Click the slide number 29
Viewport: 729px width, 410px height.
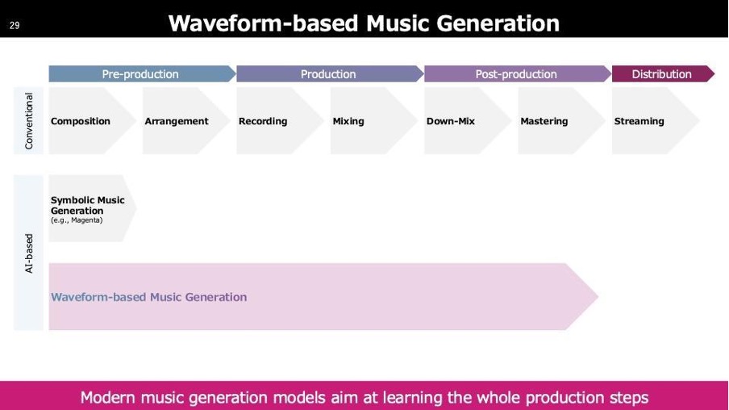click(15, 25)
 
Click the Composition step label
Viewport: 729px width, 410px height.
click(81, 121)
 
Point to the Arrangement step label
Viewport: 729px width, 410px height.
click(177, 121)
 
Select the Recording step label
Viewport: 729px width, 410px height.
click(263, 121)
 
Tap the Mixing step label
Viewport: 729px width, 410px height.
click(348, 121)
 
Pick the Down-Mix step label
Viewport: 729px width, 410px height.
click(451, 121)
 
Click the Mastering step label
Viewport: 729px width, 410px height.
click(544, 121)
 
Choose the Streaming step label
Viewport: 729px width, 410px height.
click(639, 121)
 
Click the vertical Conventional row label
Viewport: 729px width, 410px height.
click(29, 121)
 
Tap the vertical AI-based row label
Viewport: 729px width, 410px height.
click(29, 253)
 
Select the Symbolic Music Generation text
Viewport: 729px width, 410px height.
click(87, 205)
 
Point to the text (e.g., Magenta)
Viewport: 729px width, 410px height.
click(77, 220)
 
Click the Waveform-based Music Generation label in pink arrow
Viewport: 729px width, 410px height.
click(148, 297)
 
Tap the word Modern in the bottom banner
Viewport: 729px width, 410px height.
click(107, 397)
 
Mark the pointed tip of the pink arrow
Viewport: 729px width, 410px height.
click(598, 296)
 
